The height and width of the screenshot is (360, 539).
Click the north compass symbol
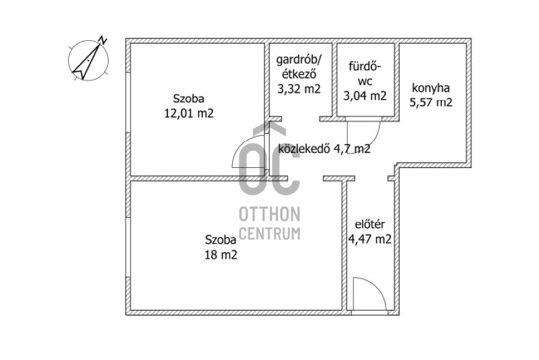(x=88, y=59)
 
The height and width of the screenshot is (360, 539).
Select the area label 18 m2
(x=221, y=254)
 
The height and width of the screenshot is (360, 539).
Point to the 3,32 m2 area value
(x=298, y=89)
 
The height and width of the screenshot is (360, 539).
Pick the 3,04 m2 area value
(x=364, y=95)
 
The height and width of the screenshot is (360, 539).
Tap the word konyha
(x=430, y=87)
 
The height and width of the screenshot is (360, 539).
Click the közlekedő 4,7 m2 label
(x=324, y=149)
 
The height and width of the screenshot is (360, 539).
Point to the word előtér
(x=370, y=225)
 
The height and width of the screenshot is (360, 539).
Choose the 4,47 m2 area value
(x=370, y=239)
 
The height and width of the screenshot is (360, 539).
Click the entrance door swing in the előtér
(x=368, y=294)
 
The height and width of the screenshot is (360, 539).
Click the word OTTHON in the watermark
(x=269, y=215)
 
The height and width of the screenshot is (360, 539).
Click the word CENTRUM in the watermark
(x=269, y=233)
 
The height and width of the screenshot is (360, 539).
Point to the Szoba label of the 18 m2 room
(x=220, y=240)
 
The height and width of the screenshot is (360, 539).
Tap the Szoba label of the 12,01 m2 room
(x=188, y=98)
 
